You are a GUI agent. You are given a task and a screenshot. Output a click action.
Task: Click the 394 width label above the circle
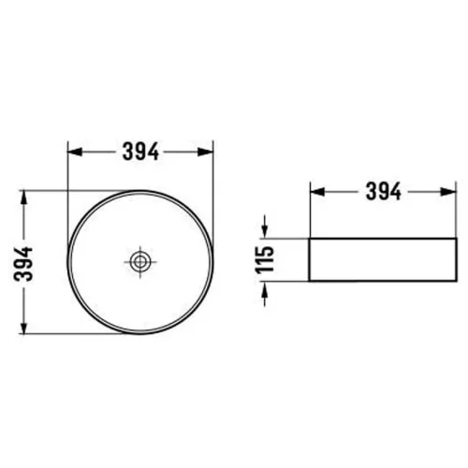140,152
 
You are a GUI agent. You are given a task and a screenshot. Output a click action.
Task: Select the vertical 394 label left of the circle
23,264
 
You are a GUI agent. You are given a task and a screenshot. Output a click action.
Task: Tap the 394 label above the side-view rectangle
384,192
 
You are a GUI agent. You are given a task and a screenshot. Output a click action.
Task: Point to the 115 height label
265,259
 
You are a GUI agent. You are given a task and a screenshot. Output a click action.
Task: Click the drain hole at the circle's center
140,262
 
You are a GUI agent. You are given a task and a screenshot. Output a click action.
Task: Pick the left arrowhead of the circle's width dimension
75,152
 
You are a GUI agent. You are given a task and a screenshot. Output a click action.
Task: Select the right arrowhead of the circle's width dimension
206,152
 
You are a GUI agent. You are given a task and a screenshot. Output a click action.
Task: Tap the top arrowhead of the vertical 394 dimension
23,198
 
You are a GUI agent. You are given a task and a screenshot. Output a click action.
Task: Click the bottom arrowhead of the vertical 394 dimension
23,327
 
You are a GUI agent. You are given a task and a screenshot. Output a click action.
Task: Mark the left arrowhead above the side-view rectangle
317,192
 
